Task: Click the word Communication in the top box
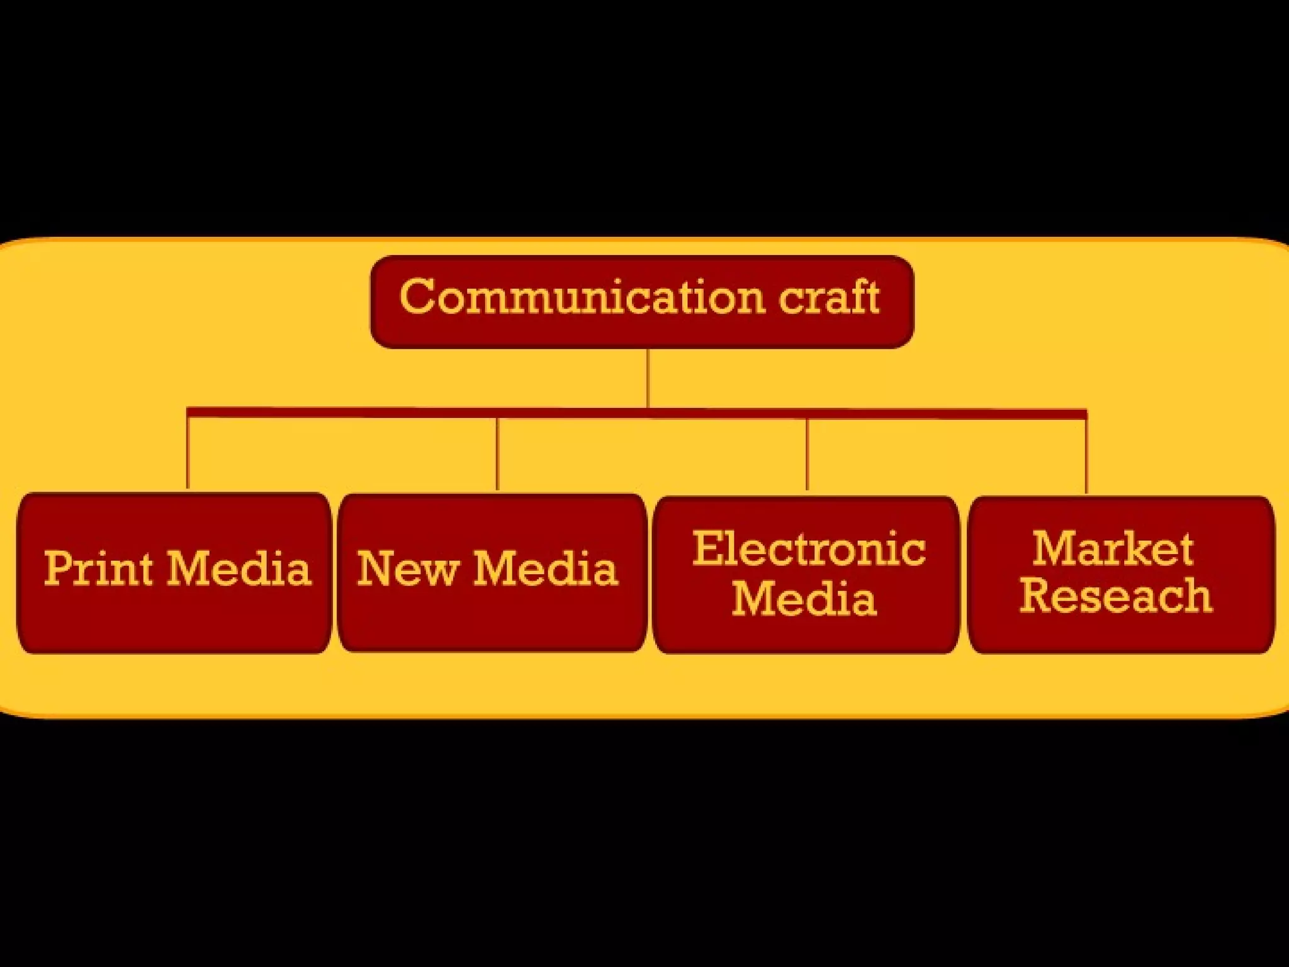(x=582, y=297)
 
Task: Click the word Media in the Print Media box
(x=239, y=568)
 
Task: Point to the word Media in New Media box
(x=545, y=568)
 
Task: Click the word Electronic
(x=809, y=549)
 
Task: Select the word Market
(x=1113, y=549)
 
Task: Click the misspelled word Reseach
(x=1116, y=596)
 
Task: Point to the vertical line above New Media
(x=497, y=453)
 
